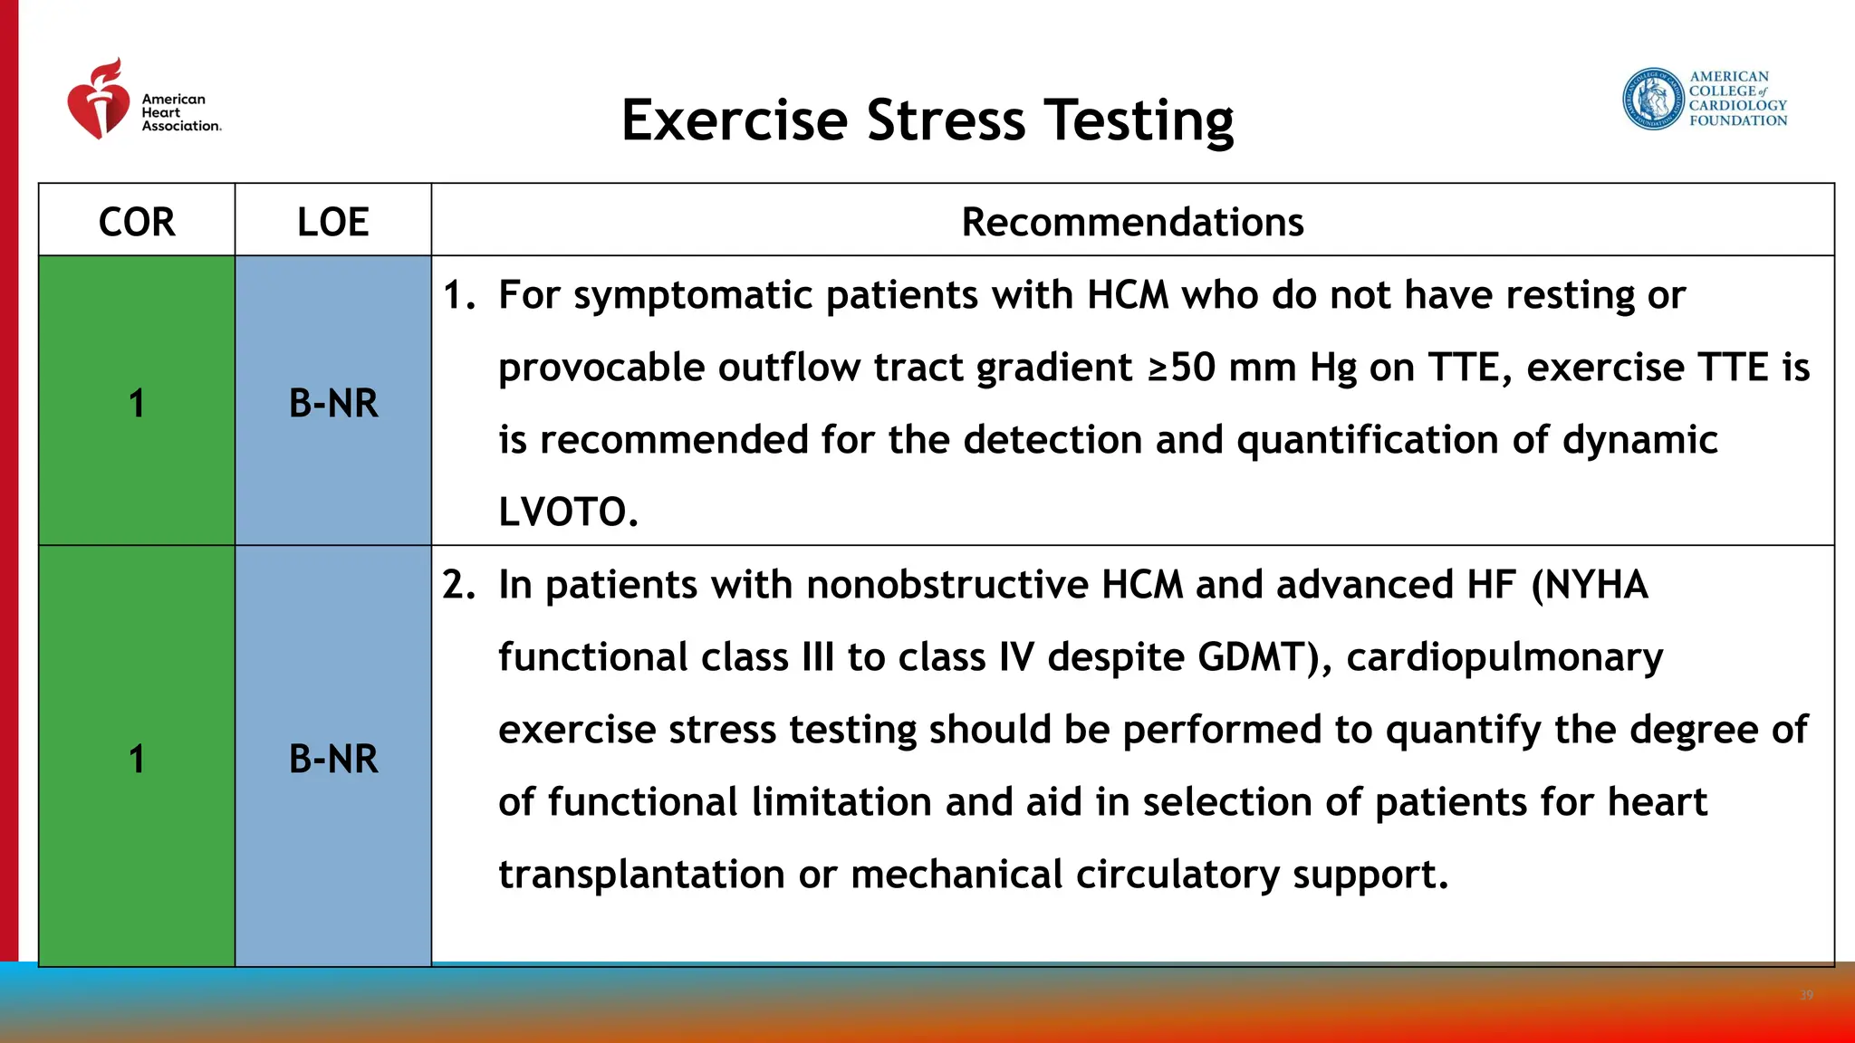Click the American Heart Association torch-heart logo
pyautogui.click(x=99, y=100)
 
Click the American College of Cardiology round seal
pyautogui.click(x=1652, y=99)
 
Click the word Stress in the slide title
pyautogui.click(x=946, y=120)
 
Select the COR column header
pyautogui.click(x=137, y=222)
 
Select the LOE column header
pyautogui.click(x=332, y=222)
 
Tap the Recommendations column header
pyautogui.click(x=1132, y=222)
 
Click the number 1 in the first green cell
pyautogui.click(x=137, y=403)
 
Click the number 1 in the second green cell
pyautogui.click(x=137, y=759)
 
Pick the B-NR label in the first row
pyautogui.click(x=333, y=403)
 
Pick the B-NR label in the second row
pyautogui.click(x=333, y=759)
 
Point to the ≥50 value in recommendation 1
pyautogui.click(x=1181, y=368)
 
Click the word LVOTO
pyautogui.click(x=568, y=512)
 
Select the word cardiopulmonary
pyautogui.click(x=1504, y=658)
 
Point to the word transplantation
pyautogui.click(x=641, y=876)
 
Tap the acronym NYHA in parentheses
pyautogui.click(x=1595, y=585)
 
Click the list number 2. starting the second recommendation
pyautogui.click(x=458, y=585)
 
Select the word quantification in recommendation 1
pyautogui.click(x=1368, y=441)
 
